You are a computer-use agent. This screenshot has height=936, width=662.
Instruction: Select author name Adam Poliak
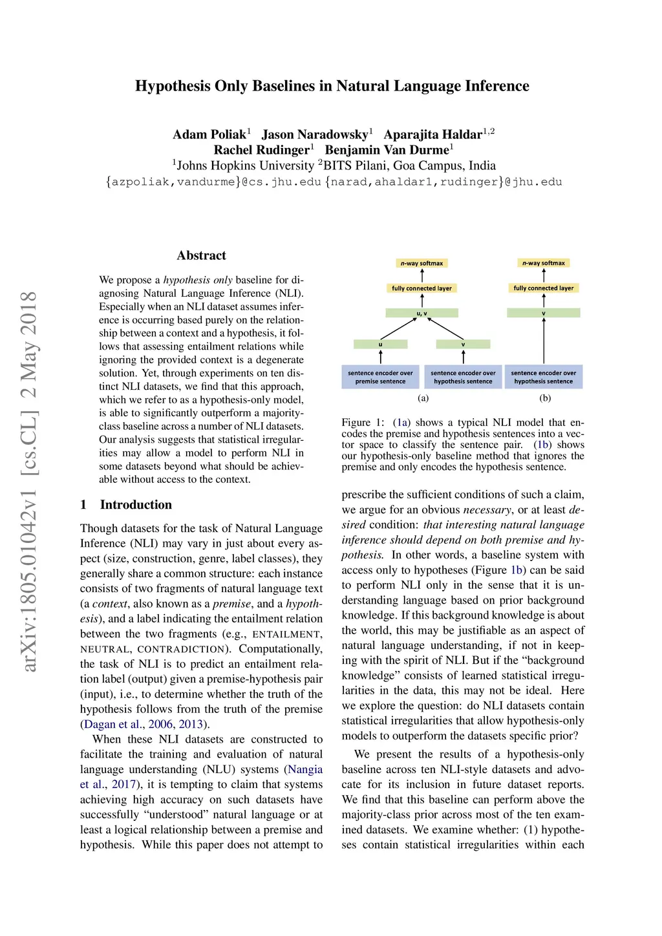[x=209, y=134]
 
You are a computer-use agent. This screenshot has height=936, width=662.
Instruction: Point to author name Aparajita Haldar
[x=432, y=134]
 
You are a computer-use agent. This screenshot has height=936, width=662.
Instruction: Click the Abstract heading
[x=201, y=255]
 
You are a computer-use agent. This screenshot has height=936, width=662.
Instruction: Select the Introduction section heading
[x=136, y=505]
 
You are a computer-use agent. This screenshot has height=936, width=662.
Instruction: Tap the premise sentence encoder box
[x=380, y=377]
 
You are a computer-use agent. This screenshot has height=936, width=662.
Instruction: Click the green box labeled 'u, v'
[x=422, y=313]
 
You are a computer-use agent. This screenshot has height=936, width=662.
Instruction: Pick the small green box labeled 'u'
[x=380, y=345]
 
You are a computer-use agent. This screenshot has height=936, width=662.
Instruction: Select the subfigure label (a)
[x=423, y=398]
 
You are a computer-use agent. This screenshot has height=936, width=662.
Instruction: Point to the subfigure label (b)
[x=545, y=398]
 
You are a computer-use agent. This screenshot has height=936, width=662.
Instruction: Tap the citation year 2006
[x=161, y=725]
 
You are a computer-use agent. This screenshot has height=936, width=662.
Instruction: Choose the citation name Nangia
[x=305, y=770]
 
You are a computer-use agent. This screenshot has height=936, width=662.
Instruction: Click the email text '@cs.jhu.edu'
[x=281, y=182]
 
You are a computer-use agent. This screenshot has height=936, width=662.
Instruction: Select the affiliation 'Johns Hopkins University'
[x=245, y=166]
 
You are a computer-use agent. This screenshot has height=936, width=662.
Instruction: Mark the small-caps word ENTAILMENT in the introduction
[x=286, y=635]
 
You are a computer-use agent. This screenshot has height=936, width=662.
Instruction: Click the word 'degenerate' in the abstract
[x=280, y=360]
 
